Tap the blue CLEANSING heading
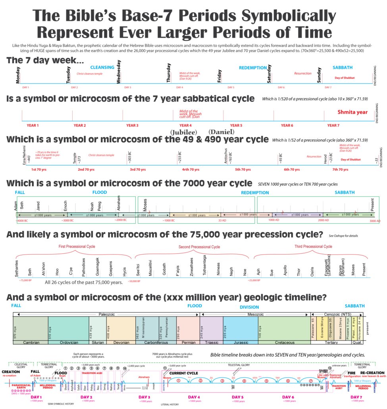102,68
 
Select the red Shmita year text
352,112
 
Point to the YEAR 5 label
236,125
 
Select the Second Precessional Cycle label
199,247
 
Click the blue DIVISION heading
249,307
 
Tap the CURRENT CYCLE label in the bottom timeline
184,373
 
